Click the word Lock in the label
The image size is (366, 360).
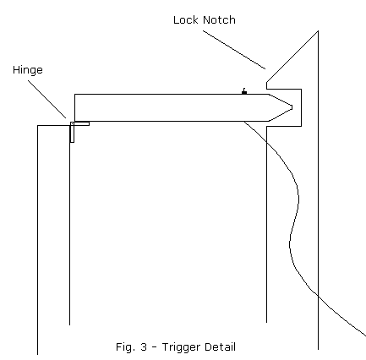tap(186, 20)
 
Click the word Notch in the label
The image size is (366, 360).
tap(219, 20)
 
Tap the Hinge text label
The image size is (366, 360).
tap(28, 70)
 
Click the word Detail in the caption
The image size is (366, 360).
tap(220, 346)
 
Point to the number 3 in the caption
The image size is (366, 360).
tap(144, 346)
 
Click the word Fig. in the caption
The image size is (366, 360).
tap(125, 347)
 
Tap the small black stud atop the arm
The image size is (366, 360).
tap(244, 91)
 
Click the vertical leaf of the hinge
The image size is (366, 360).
tap(72, 132)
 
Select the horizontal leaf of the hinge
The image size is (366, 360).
tap(80, 123)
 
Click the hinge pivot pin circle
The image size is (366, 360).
tap(72, 123)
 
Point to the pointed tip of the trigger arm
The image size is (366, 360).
tap(292, 107)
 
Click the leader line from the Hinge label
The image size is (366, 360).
tap(47, 99)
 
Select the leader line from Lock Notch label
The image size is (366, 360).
tap(234, 50)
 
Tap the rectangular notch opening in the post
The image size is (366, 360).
tap(284, 107)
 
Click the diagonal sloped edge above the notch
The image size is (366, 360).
tap(292, 57)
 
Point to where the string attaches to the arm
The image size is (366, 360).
tap(244, 122)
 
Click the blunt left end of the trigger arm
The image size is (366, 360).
tap(74, 107)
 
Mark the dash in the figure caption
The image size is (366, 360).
tap(155, 347)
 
